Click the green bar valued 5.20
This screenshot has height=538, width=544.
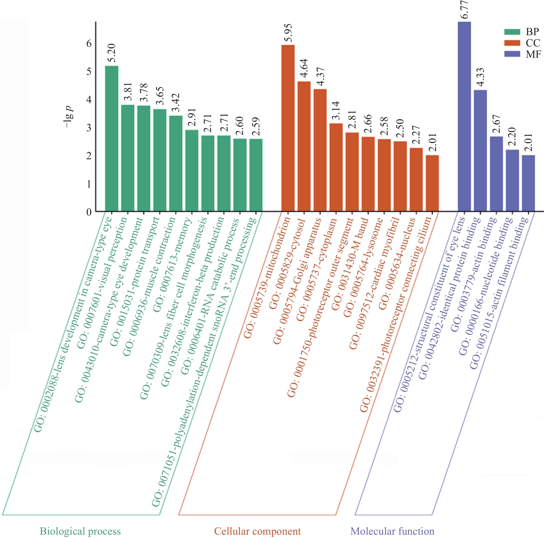click(112, 138)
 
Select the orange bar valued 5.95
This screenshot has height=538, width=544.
click(288, 128)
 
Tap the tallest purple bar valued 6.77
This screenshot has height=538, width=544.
click(464, 116)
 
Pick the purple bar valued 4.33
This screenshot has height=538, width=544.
click(480, 151)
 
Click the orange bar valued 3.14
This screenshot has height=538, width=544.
click(336, 167)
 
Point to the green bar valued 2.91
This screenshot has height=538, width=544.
click(192, 171)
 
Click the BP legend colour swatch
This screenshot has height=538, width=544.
click(512, 32)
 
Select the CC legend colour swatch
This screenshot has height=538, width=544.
click(512, 43)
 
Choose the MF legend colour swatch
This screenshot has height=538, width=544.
click(512, 54)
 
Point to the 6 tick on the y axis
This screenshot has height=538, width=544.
click(89, 43)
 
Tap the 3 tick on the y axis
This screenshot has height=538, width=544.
click(89, 128)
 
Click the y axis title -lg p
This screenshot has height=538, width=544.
click(69, 116)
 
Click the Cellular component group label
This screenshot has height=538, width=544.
click(257, 531)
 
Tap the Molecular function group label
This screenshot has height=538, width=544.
click(392, 531)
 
